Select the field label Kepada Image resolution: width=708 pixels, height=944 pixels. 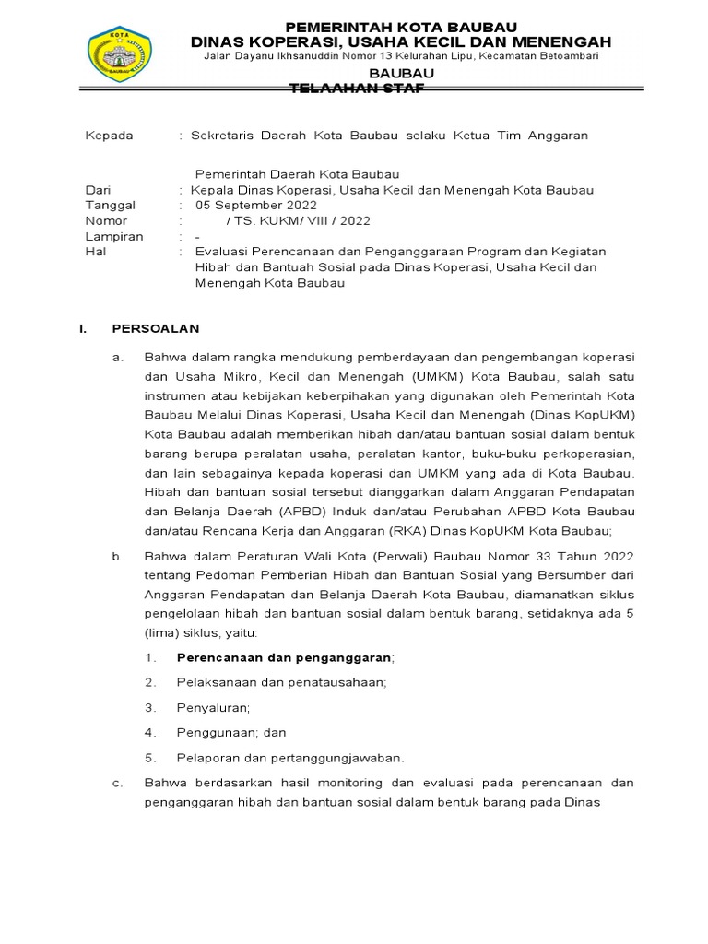(109, 136)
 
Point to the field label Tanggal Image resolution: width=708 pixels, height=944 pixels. (110, 206)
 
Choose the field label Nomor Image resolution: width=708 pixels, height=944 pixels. (106, 221)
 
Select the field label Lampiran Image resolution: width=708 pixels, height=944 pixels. (113, 237)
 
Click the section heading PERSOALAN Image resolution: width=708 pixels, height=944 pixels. (155, 328)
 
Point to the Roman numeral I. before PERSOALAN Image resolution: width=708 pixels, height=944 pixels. (83, 328)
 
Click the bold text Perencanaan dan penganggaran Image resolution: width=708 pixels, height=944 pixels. (284, 657)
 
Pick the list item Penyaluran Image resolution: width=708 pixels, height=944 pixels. (213, 707)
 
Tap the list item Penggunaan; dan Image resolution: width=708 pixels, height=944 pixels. (231, 732)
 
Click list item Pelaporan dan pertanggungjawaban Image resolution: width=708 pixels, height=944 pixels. (290, 758)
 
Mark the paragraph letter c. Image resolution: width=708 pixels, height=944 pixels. (117, 783)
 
